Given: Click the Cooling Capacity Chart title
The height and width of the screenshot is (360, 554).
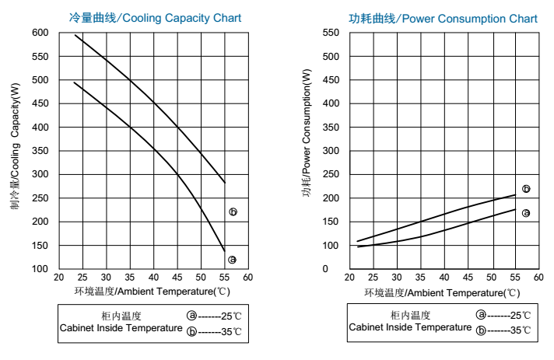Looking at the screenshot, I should click(x=155, y=18).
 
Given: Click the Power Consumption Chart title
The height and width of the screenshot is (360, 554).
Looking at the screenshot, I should click(x=443, y=18).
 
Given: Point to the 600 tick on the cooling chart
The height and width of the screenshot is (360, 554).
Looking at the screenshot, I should click(x=40, y=33).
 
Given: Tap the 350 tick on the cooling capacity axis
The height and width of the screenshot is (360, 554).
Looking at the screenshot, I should click(x=40, y=151).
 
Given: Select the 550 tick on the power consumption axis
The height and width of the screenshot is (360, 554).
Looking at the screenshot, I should click(x=330, y=33).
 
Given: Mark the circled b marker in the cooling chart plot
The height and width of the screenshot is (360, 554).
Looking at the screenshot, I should click(x=233, y=211).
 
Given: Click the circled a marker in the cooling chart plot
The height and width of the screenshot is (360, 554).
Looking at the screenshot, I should click(x=232, y=260).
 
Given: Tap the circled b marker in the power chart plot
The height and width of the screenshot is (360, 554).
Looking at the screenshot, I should click(x=526, y=189).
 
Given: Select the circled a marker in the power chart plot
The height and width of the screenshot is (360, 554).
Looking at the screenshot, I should click(x=526, y=213).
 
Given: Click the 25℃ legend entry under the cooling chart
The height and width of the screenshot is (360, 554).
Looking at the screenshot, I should click(x=214, y=316).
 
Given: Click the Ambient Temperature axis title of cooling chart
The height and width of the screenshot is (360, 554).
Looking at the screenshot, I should click(x=152, y=292).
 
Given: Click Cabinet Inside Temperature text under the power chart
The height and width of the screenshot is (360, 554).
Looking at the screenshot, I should click(x=410, y=327).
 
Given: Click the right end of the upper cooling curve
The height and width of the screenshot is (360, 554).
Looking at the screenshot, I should click(x=225, y=183).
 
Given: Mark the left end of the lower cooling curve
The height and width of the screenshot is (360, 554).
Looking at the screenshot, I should click(x=74, y=82).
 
